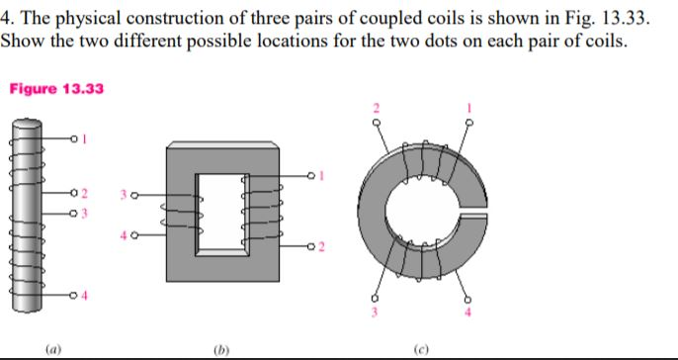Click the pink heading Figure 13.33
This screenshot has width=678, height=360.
coord(56,90)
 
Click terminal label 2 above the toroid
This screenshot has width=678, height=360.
coord(377,107)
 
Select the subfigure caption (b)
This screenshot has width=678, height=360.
coord(228,348)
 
